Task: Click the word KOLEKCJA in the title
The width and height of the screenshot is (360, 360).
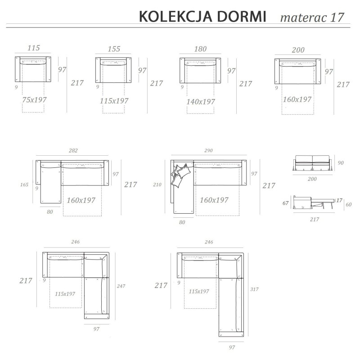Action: click(x=175, y=17)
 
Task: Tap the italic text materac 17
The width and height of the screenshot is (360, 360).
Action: click(x=312, y=18)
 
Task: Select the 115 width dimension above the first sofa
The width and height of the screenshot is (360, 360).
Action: click(x=34, y=48)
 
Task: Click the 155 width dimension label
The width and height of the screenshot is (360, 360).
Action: click(x=114, y=49)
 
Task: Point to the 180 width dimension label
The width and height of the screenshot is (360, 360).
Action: click(x=200, y=49)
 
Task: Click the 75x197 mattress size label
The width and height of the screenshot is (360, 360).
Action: click(x=34, y=99)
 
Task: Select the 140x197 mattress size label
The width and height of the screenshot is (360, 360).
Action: click(x=201, y=102)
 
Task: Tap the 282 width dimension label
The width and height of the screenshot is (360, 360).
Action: click(x=73, y=151)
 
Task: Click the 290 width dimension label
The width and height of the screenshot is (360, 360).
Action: click(x=208, y=150)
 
